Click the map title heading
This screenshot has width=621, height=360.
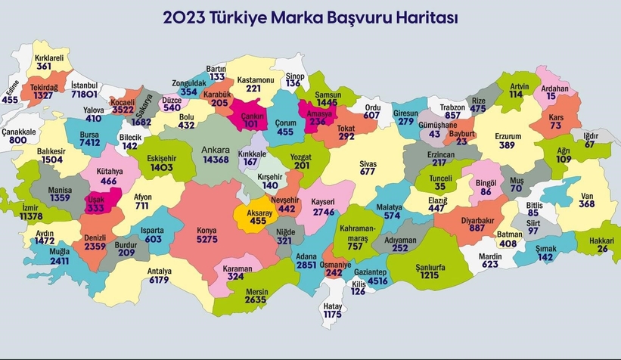(310, 16)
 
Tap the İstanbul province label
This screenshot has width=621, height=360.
(85, 84)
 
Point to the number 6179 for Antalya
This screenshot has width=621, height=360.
(160, 280)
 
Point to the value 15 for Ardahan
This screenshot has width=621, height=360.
(551, 96)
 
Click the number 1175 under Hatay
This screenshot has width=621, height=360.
(333, 314)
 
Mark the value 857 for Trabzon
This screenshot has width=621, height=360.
(453, 116)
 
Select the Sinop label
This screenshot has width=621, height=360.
(295, 74)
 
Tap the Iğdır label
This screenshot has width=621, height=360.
(589, 135)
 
